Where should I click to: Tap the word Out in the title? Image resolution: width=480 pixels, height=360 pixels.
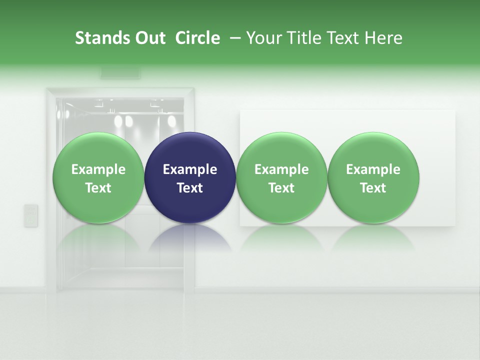(x=149, y=38)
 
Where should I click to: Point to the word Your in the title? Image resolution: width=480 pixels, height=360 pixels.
(x=262, y=38)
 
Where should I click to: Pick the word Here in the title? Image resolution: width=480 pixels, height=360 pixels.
(x=384, y=38)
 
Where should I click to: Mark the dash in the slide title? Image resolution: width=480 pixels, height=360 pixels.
(x=233, y=38)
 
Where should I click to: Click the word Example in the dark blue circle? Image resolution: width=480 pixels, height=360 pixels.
(x=190, y=169)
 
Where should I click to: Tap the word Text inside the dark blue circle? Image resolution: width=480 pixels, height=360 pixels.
(x=190, y=188)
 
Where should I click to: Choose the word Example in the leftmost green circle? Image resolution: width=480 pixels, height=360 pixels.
(x=98, y=169)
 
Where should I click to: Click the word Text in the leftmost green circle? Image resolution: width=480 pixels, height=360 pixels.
(x=98, y=188)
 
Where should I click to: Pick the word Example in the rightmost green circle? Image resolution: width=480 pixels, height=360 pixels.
(x=373, y=169)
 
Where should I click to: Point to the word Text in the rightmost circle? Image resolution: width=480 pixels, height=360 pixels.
(x=373, y=188)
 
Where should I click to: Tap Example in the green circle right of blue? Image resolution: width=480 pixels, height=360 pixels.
(x=281, y=169)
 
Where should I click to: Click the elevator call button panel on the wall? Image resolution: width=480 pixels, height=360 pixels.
(x=31, y=215)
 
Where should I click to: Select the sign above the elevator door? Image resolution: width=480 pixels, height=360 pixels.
(x=120, y=73)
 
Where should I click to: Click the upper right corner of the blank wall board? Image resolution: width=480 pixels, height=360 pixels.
(x=454, y=111)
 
